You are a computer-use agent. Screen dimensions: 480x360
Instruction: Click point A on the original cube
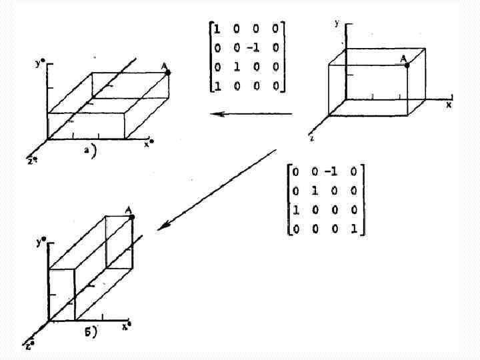tap(407, 65)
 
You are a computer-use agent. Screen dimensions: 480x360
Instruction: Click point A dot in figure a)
tap(167, 72)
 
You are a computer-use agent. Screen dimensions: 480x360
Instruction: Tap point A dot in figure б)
tap(131, 217)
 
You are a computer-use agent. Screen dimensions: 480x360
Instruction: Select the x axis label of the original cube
tap(449, 105)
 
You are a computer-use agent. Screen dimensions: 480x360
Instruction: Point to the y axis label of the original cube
tap(337, 23)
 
